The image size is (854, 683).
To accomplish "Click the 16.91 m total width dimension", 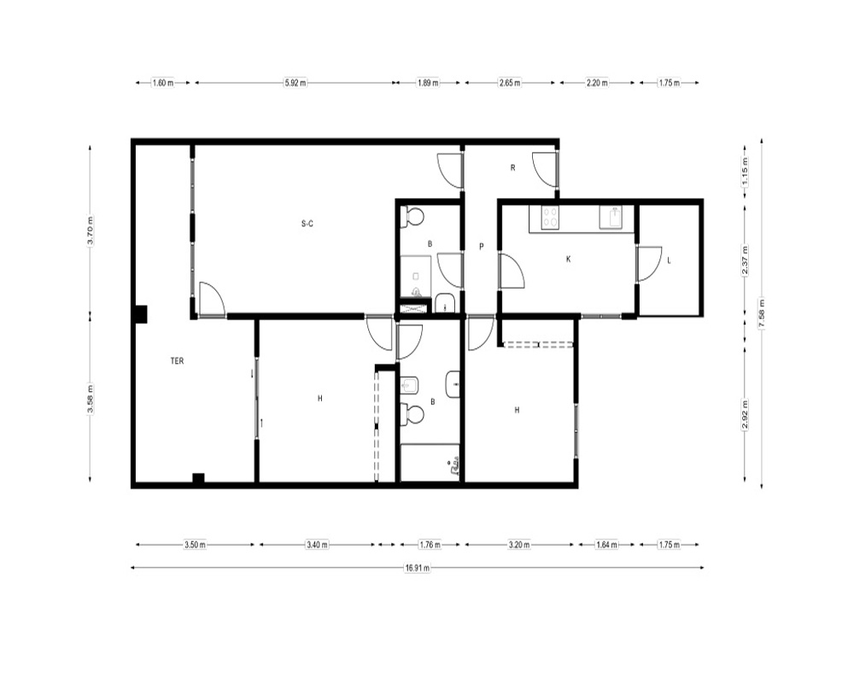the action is coord(418,568).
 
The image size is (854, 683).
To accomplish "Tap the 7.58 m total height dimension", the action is coord(762,313).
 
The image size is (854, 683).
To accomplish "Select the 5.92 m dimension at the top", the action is coord(295,83).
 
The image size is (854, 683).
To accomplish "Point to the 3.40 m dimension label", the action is coord(317,544).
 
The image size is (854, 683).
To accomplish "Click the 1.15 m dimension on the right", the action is coord(745,171).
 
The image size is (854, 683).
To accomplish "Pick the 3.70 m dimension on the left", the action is coord(91,231).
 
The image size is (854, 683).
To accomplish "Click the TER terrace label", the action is coord(177,361).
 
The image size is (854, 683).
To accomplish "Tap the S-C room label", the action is coord(307,224).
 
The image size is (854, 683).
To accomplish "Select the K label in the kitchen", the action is coord(569,260).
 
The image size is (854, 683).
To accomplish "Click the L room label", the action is coord(669,260).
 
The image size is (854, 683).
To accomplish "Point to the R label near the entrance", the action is coord(512,167).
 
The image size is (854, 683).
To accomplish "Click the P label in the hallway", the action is coord(482,247).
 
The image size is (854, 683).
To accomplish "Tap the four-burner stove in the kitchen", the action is coord(550,218).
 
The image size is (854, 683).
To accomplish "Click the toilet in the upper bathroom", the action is coord(412,218).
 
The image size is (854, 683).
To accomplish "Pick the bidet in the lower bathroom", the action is coord(410,386).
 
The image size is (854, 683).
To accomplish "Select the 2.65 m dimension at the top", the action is coord(510,83).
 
